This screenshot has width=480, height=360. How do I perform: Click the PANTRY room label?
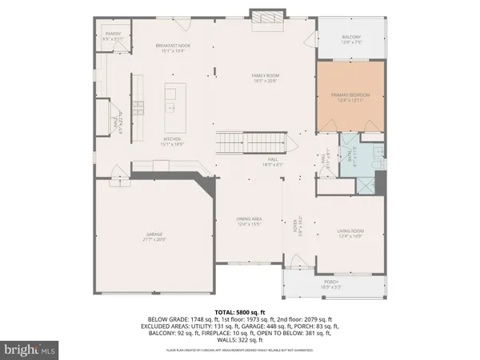(112, 36)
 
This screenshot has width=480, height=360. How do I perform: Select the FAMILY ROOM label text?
(264, 78)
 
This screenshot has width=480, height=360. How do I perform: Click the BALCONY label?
(350, 38)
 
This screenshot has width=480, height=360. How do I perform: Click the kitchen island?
(172, 108)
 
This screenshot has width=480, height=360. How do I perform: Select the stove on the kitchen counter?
(137, 107)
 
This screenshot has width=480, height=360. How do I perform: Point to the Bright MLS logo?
(30, 349)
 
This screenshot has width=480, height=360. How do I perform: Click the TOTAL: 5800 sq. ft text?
(239, 311)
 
